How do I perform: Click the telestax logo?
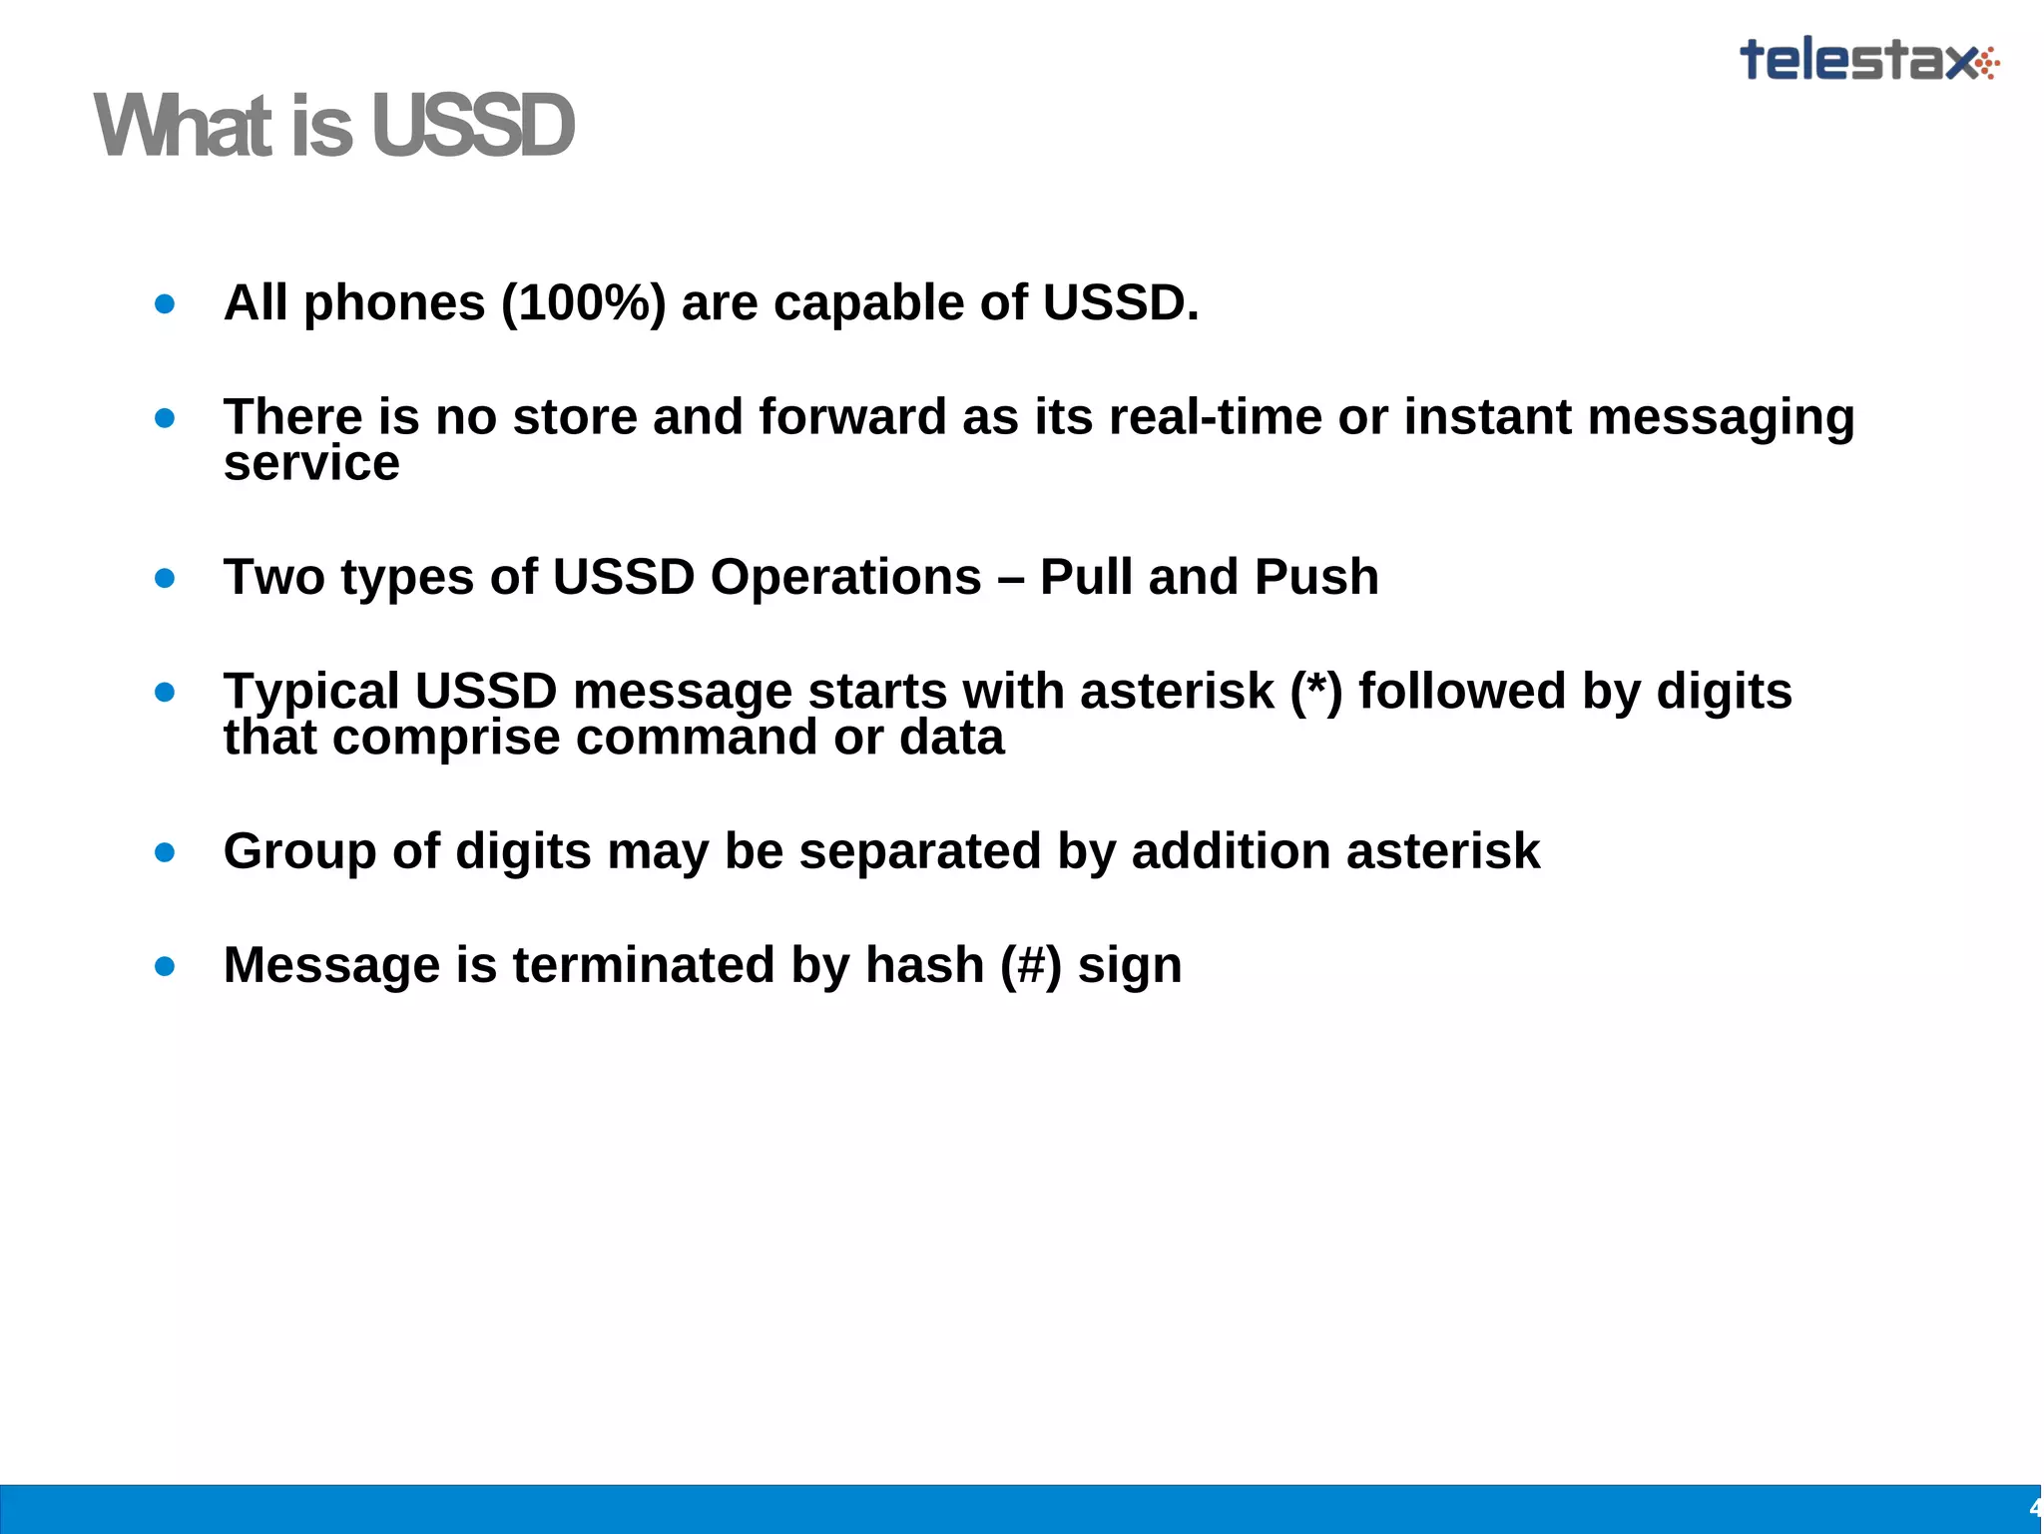coord(1868,60)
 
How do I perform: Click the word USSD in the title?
coord(473,127)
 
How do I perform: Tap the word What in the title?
coord(186,127)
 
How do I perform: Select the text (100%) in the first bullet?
coord(583,302)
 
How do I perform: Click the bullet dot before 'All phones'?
coord(166,303)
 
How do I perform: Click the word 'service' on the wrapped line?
coord(311,463)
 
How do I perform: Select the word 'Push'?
coord(1316,577)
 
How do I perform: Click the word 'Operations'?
coord(845,577)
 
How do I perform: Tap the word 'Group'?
coord(299,851)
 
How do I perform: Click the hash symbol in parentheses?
coord(1031,966)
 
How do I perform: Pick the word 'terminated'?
coord(644,965)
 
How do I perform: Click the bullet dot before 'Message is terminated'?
coord(166,966)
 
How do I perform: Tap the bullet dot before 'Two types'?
coord(166,578)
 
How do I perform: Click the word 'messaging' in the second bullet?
coord(1721,418)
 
